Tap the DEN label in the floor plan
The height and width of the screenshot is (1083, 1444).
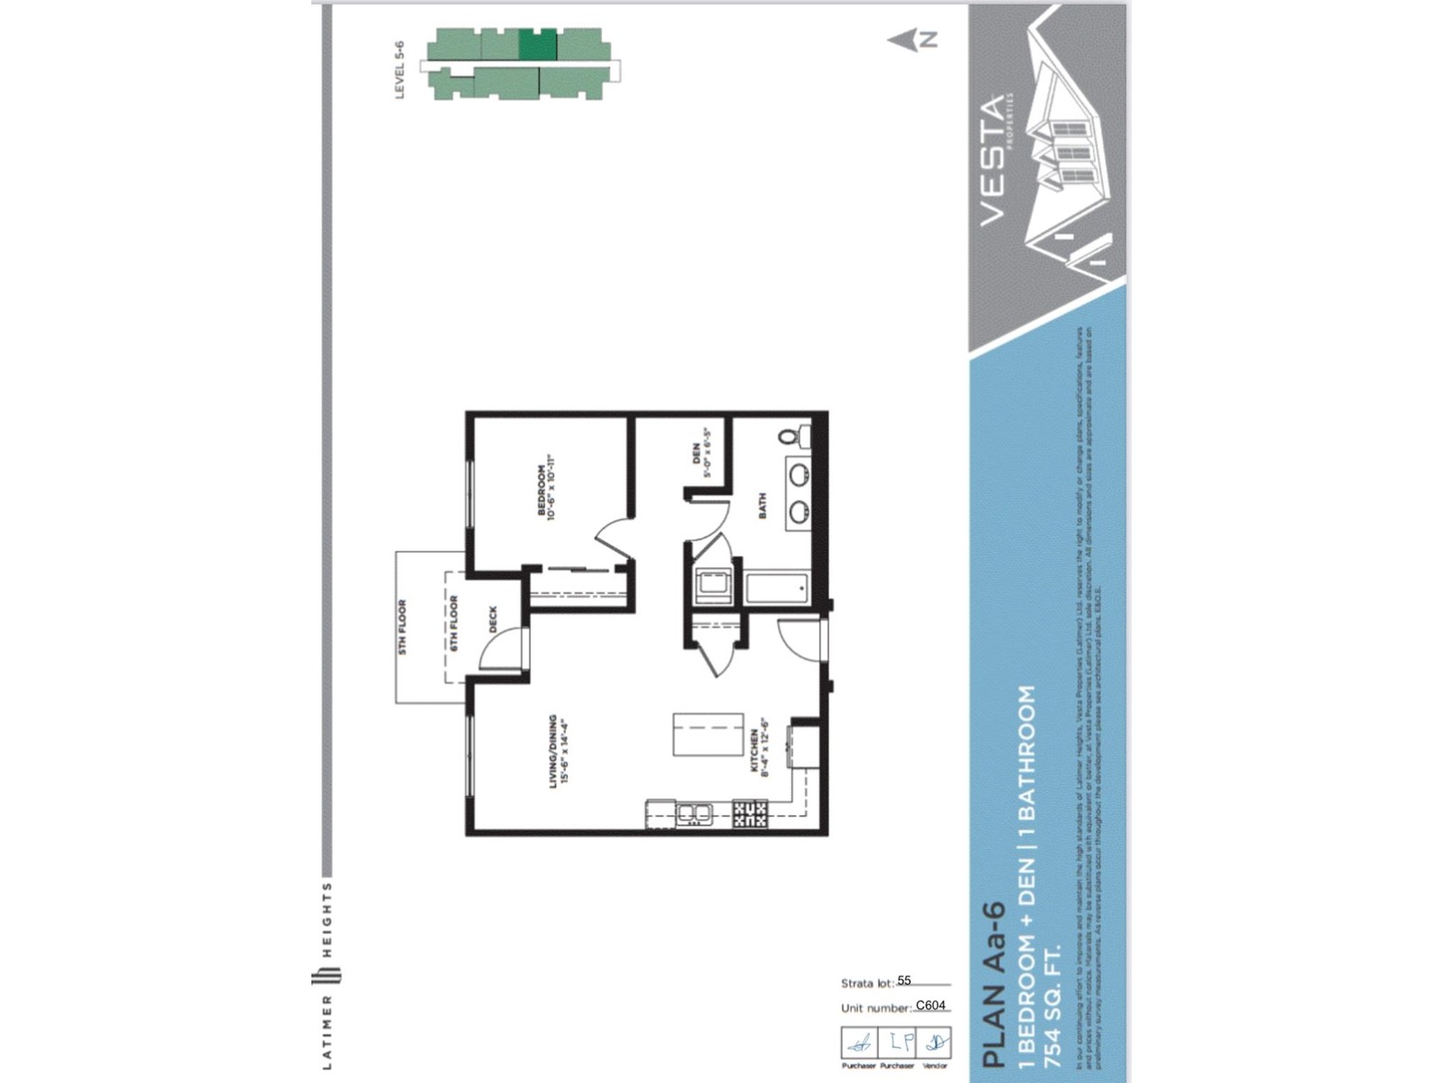pyautogui.click(x=696, y=453)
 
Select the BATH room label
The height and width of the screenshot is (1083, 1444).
pyautogui.click(x=763, y=504)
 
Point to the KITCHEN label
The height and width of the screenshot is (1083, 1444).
pyautogui.click(x=754, y=752)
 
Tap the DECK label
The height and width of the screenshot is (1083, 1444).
pyautogui.click(x=493, y=619)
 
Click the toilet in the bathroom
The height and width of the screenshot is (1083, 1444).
pyautogui.click(x=793, y=438)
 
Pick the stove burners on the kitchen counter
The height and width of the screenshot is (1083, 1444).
pyautogui.click(x=750, y=814)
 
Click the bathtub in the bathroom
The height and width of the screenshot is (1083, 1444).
pyautogui.click(x=776, y=588)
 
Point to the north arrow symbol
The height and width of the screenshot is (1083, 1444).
pyautogui.click(x=912, y=40)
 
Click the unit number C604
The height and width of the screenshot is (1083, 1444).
pyautogui.click(x=930, y=1005)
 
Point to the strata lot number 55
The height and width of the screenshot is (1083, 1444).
pyautogui.click(x=904, y=980)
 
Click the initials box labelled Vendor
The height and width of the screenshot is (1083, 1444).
pyautogui.click(x=934, y=1042)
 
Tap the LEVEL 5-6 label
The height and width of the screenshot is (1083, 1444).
pyautogui.click(x=401, y=69)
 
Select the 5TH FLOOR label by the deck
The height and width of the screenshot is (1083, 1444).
pyautogui.click(x=403, y=626)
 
